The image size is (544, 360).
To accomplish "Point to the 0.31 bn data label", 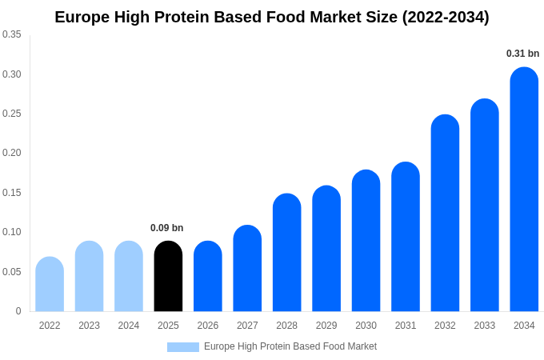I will tap(522, 54).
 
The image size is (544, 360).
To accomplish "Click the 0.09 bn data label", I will tap(166, 228).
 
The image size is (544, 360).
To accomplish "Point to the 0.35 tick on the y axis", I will tap(12, 34).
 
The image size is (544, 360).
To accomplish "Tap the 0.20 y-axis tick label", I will tap(12, 153).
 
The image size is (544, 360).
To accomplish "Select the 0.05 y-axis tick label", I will tap(12, 272).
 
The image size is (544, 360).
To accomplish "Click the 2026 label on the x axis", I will tap(208, 326).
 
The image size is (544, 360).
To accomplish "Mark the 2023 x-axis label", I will tap(89, 326).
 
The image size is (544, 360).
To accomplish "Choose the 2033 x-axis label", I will tap(485, 326).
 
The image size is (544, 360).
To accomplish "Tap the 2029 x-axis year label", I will tap(326, 326).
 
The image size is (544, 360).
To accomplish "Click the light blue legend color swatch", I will tap(182, 347).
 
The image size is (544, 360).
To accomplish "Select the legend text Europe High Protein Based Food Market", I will tap(290, 346).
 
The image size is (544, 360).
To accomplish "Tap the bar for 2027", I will tap(247, 269).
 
